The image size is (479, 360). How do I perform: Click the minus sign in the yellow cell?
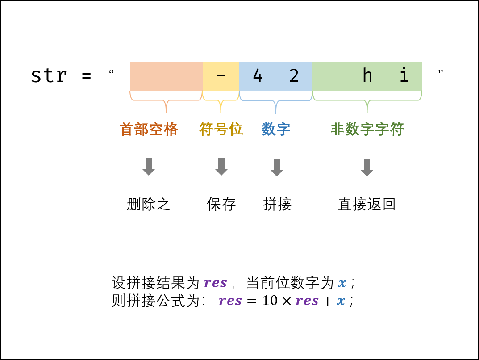pyautogui.click(x=221, y=76)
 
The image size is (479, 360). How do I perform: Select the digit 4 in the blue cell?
pyautogui.click(x=258, y=76)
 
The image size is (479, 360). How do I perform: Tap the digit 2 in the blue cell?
pyautogui.click(x=294, y=76)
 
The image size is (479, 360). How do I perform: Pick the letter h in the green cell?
pyautogui.click(x=367, y=76)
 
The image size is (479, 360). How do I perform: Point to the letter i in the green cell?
pyautogui.click(x=404, y=76)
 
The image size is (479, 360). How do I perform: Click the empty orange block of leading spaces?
pyautogui.click(x=167, y=76)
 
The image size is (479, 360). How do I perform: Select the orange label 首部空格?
pyautogui.click(x=149, y=130)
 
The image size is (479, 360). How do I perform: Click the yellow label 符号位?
pyautogui.click(x=221, y=129)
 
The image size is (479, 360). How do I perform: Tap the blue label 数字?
pyautogui.click(x=276, y=130)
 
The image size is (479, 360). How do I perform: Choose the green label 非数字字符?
pyautogui.click(x=367, y=130)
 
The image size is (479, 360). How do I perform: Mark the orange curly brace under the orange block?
pyautogui.click(x=166, y=101)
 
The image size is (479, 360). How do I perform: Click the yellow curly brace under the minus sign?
pyautogui.click(x=221, y=101)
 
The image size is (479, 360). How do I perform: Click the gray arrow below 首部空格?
pyautogui.click(x=149, y=166)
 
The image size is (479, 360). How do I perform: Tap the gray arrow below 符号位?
pyautogui.click(x=221, y=166)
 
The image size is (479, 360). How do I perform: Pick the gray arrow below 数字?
pyautogui.click(x=277, y=167)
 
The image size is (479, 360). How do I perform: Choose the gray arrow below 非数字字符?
pyautogui.click(x=367, y=167)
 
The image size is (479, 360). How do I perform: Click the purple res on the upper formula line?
pyautogui.click(x=215, y=283)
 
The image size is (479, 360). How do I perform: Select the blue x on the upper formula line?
pyautogui.click(x=342, y=283)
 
